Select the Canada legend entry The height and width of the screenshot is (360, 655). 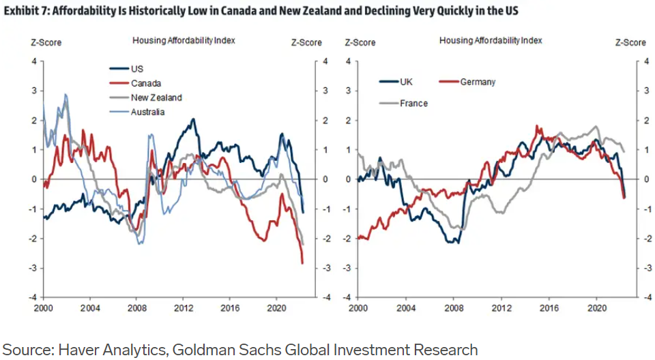(145, 82)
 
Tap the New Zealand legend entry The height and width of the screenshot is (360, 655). (156, 97)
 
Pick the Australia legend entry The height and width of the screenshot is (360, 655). (147, 112)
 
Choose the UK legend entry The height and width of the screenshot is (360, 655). (407, 82)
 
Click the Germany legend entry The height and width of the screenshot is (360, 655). (478, 82)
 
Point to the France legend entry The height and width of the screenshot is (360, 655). (413, 103)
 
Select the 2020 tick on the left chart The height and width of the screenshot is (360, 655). (276, 307)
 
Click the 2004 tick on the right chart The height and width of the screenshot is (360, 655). (405, 307)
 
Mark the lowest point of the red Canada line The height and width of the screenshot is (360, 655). (302, 262)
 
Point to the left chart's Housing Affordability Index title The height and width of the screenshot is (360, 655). (184, 40)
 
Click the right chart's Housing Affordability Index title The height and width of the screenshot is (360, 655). (491, 40)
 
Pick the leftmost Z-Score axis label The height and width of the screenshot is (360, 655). (46, 42)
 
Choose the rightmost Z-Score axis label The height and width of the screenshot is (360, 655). (630, 42)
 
